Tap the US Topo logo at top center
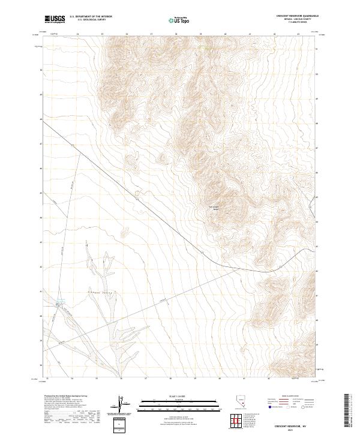(180, 20)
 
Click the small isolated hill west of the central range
(161, 158)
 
